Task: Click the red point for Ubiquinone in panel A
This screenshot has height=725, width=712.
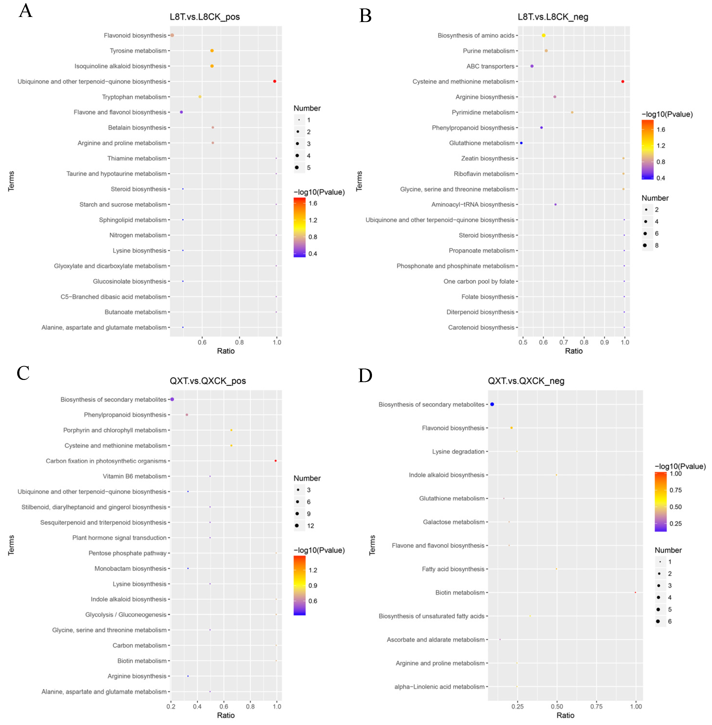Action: click(274, 81)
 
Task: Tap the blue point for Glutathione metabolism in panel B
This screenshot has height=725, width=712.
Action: click(521, 143)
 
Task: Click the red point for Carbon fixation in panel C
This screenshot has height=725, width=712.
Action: click(276, 461)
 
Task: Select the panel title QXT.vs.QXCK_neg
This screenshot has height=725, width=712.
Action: click(526, 381)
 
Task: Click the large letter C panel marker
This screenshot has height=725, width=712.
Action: click(23, 373)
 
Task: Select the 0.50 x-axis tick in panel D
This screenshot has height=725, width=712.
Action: click(557, 706)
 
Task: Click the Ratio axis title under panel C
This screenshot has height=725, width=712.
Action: click(226, 715)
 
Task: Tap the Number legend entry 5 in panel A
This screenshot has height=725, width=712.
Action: click(309, 168)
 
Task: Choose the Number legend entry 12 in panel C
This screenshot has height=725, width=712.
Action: click(310, 526)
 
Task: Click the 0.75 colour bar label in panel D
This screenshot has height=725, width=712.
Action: click(675, 490)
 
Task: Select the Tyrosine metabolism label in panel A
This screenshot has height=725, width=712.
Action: click(138, 51)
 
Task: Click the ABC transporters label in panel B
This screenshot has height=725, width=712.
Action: click(490, 66)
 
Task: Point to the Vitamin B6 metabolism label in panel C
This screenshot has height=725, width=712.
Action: click(135, 476)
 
